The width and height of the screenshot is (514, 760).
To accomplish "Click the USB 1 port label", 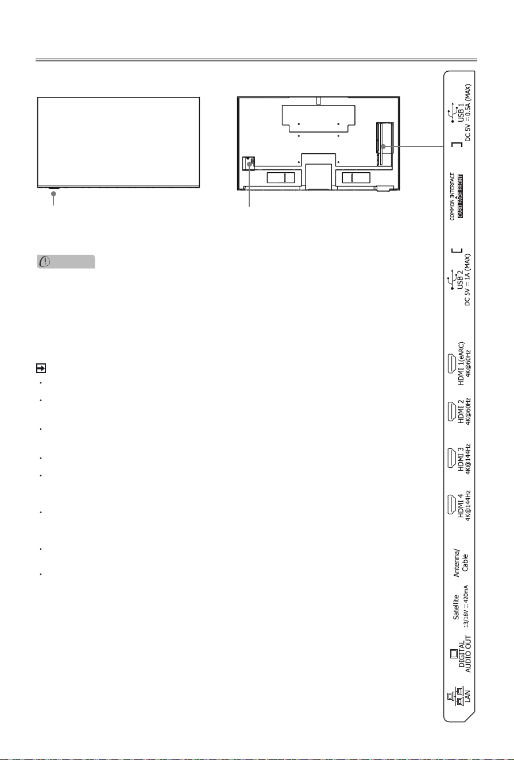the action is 461,113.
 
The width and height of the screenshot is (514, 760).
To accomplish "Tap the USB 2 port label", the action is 461,280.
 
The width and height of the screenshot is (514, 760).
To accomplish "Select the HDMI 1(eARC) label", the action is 461,363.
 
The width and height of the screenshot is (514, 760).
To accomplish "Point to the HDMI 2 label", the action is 461,411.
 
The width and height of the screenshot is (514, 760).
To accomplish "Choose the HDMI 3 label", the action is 461,459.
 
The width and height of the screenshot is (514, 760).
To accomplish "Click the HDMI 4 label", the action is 461,506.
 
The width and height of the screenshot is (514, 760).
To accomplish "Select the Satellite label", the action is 456,607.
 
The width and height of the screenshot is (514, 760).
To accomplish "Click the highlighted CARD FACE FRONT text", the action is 460,196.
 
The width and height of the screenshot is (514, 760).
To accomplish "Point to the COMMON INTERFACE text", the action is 452,196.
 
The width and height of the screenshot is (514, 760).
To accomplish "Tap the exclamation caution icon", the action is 45,261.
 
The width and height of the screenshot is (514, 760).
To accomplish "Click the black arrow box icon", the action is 41,368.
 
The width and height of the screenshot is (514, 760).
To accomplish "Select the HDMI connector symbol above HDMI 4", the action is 451,505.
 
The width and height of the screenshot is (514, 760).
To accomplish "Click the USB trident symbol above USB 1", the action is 452,113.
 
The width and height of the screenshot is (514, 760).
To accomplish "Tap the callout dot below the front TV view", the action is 53,193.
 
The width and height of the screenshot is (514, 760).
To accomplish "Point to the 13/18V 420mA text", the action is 466,606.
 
